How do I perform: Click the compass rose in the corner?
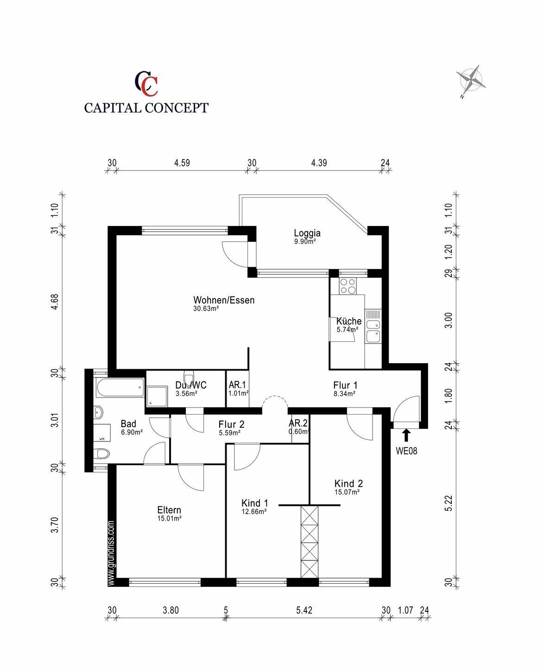(471, 81)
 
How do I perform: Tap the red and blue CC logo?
(146, 83)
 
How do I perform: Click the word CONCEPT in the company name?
(177, 108)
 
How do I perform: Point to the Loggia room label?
(307, 233)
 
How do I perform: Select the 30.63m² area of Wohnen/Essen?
(206, 308)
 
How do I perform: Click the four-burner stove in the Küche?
(348, 286)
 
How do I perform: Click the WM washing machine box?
(102, 433)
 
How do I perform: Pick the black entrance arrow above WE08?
(406, 435)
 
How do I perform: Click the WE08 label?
(406, 451)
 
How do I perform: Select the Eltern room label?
(169, 510)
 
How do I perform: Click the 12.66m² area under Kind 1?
(254, 511)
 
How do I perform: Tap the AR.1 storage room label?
(237, 385)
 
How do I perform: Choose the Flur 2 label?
(231, 424)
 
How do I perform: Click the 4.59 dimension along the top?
(182, 163)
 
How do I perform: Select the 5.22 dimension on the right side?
(449, 503)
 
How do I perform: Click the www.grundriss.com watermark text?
(111, 554)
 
